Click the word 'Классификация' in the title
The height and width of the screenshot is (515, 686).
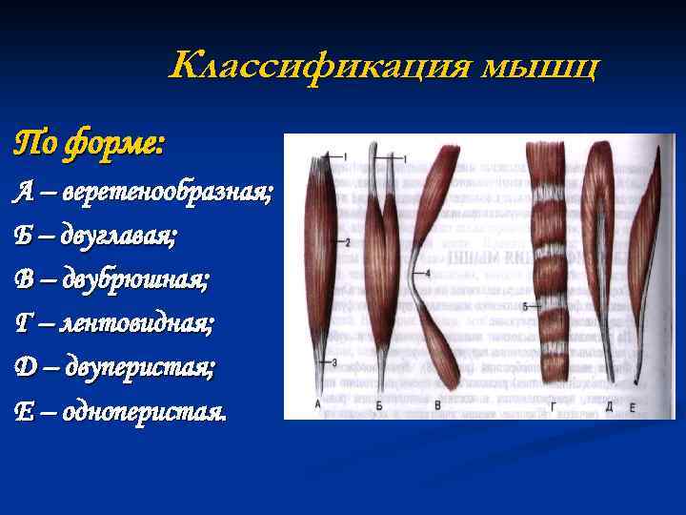[x=320, y=67]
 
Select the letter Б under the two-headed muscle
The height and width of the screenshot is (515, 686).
[x=379, y=405]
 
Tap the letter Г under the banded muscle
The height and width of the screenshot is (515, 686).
[x=554, y=405]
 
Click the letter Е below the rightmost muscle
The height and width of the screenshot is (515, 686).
[x=633, y=406]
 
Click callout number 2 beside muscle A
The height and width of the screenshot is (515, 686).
[x=348, y=242]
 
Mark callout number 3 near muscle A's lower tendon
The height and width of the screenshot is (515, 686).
[x=334, y=361]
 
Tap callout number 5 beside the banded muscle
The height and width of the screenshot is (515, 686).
[x=525, y=305]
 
